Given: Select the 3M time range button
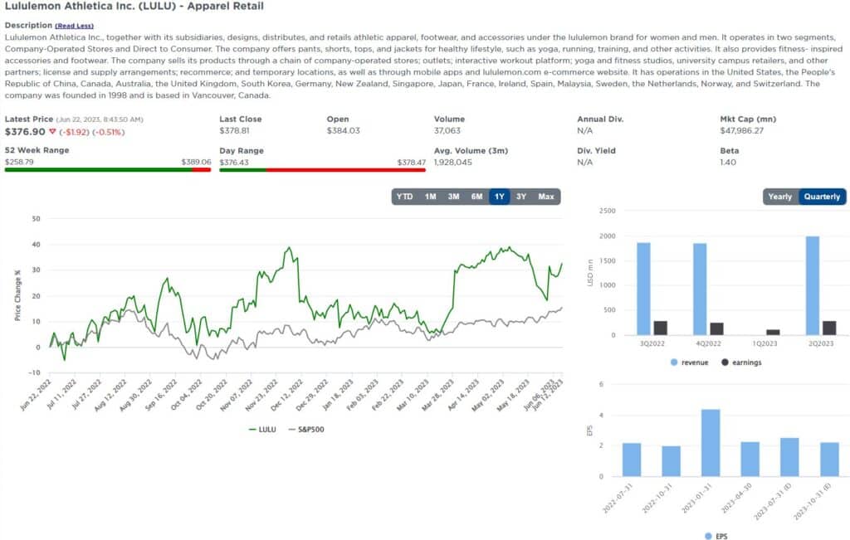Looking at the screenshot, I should tap(453, 197).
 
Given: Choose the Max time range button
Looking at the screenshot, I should tap(545, 197).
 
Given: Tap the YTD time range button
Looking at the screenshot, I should tap(404, 197).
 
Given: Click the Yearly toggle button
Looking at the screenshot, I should tap(780, 197).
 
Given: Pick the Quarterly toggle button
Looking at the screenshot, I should tap(822, 197).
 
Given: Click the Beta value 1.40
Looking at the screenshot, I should tap(728, 163).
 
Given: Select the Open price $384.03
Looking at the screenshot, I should tap(343, 131).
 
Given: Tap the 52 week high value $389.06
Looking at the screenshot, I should tap(196, 163).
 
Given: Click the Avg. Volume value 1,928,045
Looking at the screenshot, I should tap(452, 163).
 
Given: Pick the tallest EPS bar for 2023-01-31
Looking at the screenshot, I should tap(710, 443).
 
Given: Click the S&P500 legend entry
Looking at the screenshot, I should tap(307, 430).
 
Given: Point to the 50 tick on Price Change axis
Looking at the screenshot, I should tap(36, 219).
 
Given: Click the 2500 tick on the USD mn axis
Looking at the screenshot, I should tap(608, 212).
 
